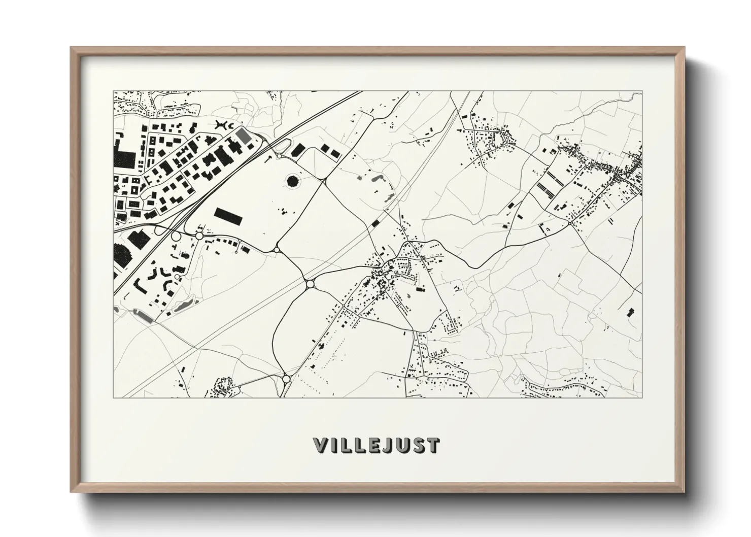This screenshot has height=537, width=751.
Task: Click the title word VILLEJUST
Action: pos(376,446)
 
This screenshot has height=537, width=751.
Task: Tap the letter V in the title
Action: pos(321,446)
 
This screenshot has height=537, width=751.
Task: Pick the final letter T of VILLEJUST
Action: pos(432,446)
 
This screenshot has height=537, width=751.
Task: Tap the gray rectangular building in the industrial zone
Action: pos(244,136)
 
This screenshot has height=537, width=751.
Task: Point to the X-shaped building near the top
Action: pos(222,124)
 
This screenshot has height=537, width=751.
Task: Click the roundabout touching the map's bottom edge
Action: pos(286,379)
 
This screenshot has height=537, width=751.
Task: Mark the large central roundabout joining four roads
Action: pos(310,284)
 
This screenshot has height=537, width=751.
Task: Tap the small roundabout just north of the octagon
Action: pos(279,156)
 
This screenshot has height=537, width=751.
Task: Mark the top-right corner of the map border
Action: pos(641,92)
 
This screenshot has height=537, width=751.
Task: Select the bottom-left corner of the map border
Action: pos(113,397)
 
